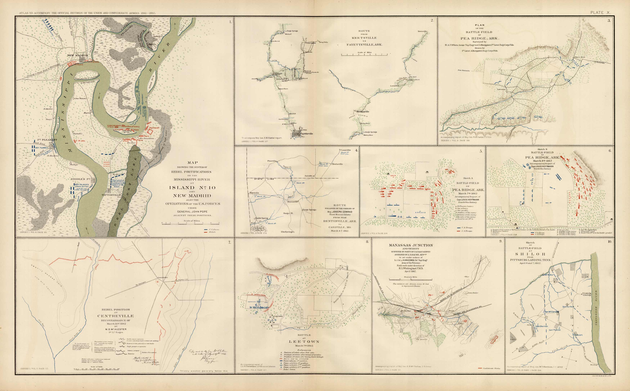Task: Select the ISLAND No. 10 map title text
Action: (192, 187)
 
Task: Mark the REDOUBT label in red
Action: (154, 128)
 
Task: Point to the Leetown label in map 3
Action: (501, 89)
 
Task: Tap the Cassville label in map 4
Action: (345, 150)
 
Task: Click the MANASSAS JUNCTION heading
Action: (411, 245)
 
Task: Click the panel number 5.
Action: (481, 151)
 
